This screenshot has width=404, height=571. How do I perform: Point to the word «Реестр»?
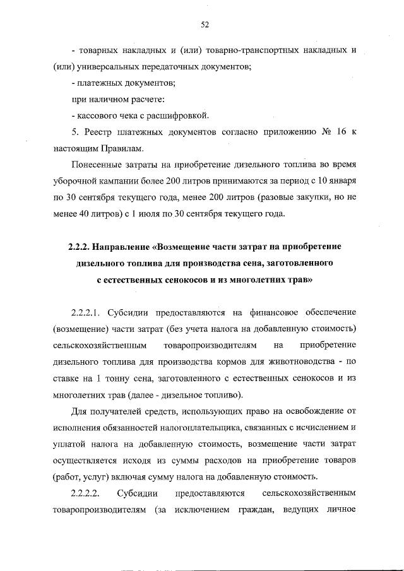coord(98,132)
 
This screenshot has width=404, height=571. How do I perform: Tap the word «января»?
coord(344,181)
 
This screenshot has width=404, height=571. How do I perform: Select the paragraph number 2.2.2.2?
coord(86,492)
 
